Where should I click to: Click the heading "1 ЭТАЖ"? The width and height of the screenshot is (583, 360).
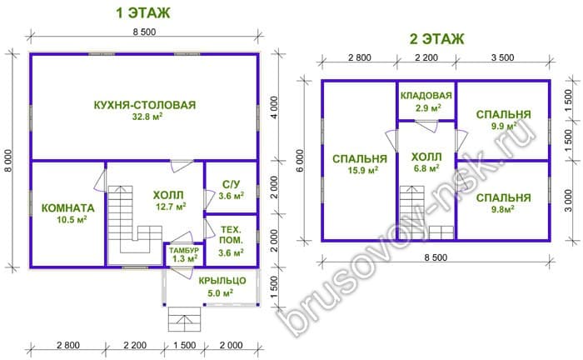click(143, 13)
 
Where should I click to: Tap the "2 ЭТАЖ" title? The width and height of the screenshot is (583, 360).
click(437, 39)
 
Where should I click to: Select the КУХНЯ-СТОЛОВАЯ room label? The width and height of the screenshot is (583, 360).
click(145, 105)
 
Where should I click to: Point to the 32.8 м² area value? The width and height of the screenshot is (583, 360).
click(147, 117)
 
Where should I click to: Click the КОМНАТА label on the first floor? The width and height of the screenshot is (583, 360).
click(67, 207)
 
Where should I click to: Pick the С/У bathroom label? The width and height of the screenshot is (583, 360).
click(231, 184)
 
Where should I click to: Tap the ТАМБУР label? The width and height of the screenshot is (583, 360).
click(184, 250)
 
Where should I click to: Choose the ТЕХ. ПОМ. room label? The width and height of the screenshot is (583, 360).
click(231, 235)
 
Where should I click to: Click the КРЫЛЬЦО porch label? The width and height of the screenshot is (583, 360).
click(222, 280)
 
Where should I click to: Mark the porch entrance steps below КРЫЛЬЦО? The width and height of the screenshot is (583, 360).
click(184, 319)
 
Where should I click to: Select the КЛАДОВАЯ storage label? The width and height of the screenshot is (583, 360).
click(426, 96)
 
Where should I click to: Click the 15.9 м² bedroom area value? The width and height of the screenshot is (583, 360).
click(363, 171)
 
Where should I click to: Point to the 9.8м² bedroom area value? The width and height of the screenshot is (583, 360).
click(503, 209)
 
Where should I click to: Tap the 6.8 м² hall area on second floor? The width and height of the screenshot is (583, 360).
click(426, 168)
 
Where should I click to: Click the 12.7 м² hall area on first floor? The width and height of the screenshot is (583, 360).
click(171, 207)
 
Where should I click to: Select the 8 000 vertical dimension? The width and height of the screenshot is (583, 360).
click(8, 160)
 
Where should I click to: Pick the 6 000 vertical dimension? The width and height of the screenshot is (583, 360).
click(300, 160)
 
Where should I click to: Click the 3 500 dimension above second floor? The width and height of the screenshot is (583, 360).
click(503, 57)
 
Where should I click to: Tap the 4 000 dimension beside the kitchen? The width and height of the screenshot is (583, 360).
click(274, 107)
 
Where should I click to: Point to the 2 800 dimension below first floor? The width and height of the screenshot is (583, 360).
click(68, 345)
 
